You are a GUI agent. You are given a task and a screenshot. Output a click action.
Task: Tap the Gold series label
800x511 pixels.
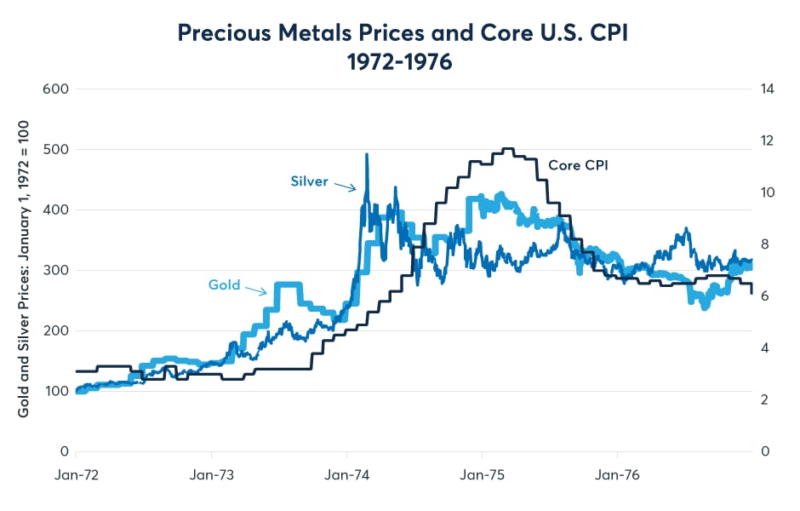tap(225, 284)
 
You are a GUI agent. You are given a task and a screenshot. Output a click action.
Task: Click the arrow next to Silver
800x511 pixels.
tap(344, 186)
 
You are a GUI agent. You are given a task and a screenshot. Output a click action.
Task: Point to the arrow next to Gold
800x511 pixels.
tap(258, 290)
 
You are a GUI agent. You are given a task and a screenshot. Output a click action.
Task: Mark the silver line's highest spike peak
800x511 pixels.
tap(367, 155)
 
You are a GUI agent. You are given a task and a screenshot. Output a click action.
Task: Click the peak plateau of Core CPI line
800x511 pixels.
tap(508, 149)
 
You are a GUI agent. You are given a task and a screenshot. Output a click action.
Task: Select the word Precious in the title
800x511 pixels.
tap(218, 33)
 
